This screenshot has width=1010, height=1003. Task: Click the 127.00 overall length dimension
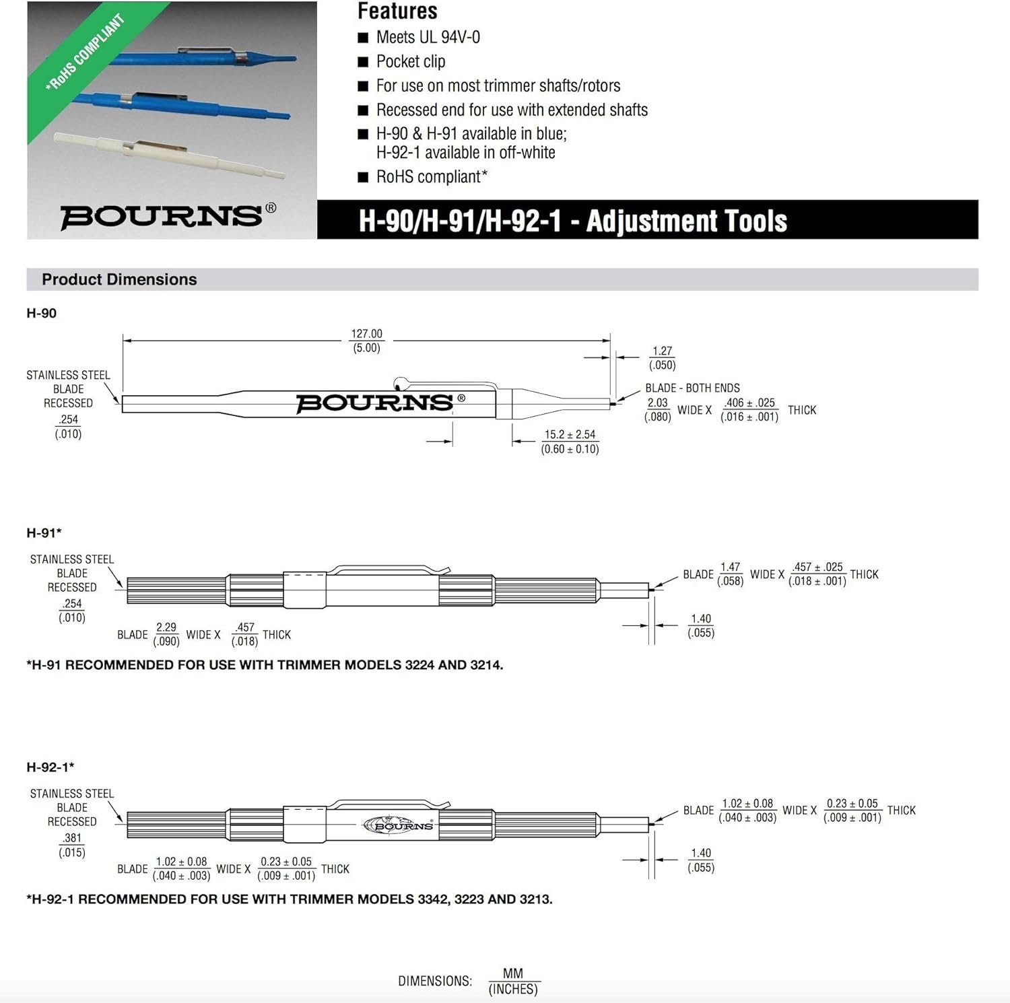point(366,334)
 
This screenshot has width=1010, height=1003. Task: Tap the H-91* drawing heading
point(44,533)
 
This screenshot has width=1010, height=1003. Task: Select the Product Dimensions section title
point(119,279)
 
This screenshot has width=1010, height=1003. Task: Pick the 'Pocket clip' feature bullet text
point(411,61)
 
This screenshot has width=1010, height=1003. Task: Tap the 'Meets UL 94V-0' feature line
point(428,37)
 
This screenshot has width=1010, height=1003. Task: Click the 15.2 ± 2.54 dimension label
point(570,435)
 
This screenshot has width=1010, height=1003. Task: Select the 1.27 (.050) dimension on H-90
point(663,358)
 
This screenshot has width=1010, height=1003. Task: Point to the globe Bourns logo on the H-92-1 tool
point(399,825)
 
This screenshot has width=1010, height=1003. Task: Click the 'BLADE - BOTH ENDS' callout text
point(692,388)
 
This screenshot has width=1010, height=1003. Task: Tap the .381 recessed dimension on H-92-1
point(72,838)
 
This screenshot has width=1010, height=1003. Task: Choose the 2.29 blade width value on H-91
point(166,627)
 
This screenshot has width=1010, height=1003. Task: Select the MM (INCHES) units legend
point(513,981)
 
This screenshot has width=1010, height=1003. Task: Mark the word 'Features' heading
point(397,11)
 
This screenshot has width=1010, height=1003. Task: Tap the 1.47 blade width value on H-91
point(730,567)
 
